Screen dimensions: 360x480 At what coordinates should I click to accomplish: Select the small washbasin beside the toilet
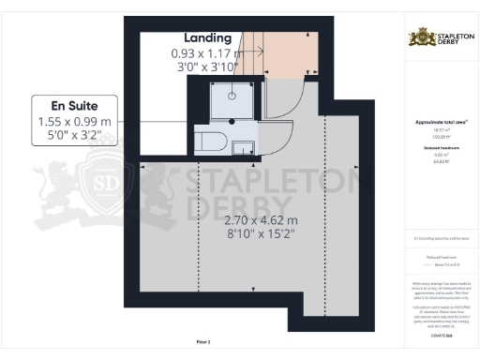click(243, 146)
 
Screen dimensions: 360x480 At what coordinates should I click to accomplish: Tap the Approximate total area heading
click(440, 123)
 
